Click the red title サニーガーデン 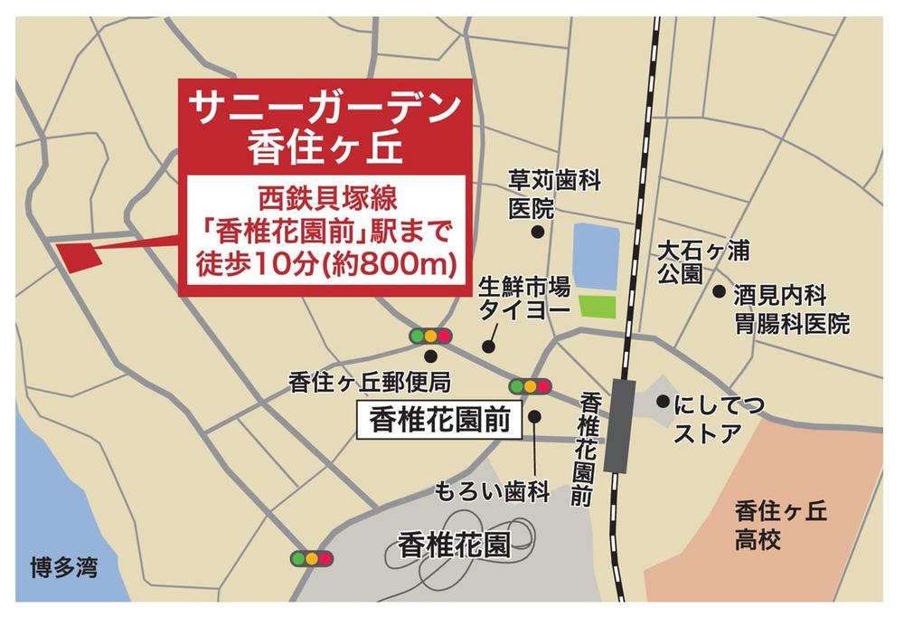(x=324, y=108)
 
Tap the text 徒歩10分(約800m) (x=323, y=266)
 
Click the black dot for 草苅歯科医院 (x=537, y=232)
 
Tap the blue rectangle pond (x=596, y=256)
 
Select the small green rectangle (x=597, y=307)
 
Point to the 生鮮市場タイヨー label (x=523, y=298)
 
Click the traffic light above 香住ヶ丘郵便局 (x=429, y=336)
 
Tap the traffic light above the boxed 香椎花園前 (x=530, y=386)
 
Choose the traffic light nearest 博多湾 (x=311, y=558)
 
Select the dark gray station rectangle (x=619, y=424)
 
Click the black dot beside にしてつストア (x=663, y=401)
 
